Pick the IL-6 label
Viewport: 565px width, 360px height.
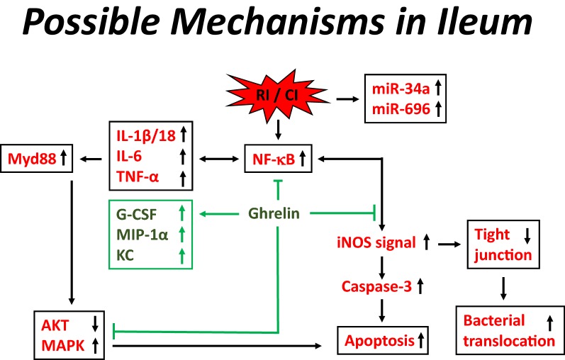[x=131, y=154]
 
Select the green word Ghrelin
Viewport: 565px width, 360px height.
[x=279, y=212]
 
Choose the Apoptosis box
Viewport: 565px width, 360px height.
[x=384, y=340]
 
